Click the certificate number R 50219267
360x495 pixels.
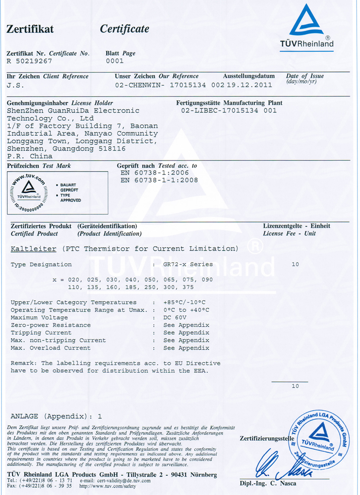(x=29, y=61)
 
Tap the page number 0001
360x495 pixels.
(x=114, y=61)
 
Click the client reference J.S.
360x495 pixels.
(x=15, y=85)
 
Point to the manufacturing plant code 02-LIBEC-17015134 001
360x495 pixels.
(x=229, y=111)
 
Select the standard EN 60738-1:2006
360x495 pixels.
(x=154, y=173)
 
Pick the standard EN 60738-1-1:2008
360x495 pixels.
(x=159, y=180)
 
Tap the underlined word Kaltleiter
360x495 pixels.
(x=33, y=249)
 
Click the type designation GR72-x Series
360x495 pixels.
(x=188, y=264)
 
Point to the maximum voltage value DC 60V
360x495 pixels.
(x=175, y=317)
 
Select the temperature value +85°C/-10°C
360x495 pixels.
(x=184, y=302)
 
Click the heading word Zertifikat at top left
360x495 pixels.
(x=30, y=29)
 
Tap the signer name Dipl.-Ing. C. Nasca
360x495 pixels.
(x=268, y=483)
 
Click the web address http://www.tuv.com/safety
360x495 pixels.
(x=108, y=486)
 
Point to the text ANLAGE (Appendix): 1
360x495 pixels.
(x=56, y=416)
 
